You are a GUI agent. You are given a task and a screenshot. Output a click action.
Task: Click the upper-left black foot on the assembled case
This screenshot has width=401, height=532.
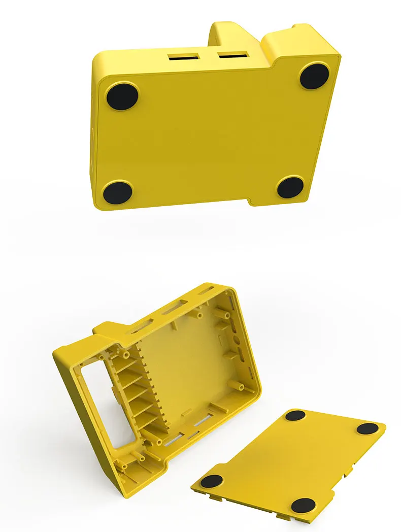pyautogui.click(x=122, y=96)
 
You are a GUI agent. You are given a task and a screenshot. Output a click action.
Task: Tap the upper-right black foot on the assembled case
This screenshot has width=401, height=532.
pyautogui.click(x=315, y=76)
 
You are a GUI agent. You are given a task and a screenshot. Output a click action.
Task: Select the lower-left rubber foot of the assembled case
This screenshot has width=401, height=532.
pyautogui.click(x=118, y=192)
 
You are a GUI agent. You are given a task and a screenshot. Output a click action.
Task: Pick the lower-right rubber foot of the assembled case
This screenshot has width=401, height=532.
pyautogui.click(x=290, y=187)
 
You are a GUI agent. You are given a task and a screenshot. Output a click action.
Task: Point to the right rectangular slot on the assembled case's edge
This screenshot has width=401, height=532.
pyautogui.click(x=233, y=53)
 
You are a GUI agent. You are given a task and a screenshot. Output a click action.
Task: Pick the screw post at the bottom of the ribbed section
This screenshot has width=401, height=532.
pyautogui.click(x=159, y=442)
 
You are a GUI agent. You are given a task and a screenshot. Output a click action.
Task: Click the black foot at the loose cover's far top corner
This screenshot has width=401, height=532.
pyautogui.click(x=295, y=416)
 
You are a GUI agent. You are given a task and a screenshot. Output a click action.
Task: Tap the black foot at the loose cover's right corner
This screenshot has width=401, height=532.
pyautogui.click(x=367, y=428)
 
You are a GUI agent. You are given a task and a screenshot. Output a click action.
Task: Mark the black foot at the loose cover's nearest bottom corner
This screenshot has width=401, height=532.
pyautogui.click(x=303, y=505)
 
